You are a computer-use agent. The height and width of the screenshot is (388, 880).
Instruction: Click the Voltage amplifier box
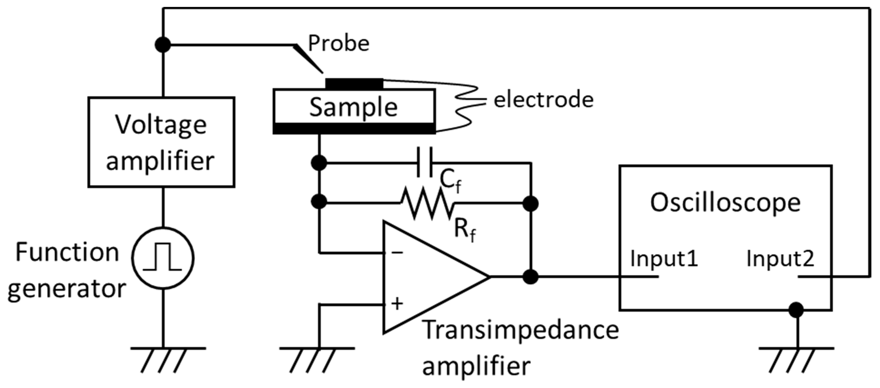click(x=161, y=142)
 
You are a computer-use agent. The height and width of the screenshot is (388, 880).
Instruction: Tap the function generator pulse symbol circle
click(x=163, y=258)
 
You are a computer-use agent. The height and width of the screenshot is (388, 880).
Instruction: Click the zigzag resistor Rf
click(x=427, y=203)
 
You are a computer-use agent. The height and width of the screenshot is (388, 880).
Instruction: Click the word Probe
click(x=338, y=44)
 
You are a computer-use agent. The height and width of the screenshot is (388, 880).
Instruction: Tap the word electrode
click(x=543, y=100)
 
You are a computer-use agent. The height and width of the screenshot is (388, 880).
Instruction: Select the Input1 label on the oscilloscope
click(x=664, y=259)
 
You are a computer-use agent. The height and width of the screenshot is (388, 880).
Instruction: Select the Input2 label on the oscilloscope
click(x=780, y=259)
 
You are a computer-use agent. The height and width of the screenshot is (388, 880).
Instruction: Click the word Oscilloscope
click(x=725, y=203)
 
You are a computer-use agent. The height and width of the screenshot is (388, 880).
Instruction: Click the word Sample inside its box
click(x=353, y=107)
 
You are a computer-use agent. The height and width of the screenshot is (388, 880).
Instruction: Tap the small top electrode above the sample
click(x=354, y=84)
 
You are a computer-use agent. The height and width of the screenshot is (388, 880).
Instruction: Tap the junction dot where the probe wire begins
click(x=163, y=44)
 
